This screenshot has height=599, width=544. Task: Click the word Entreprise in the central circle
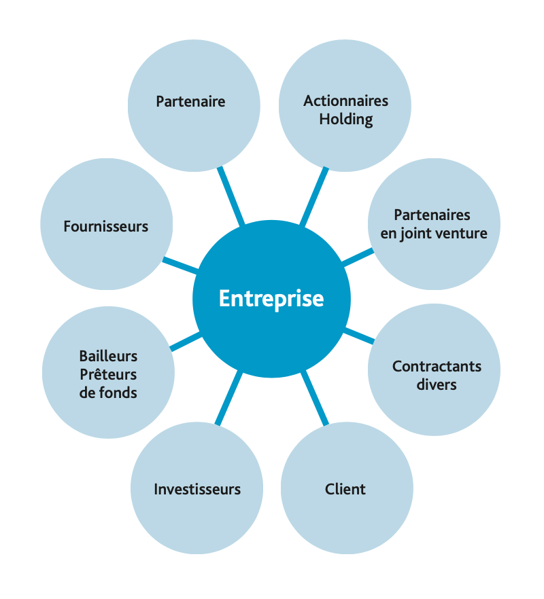271,299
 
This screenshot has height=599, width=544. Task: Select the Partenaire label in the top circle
190,102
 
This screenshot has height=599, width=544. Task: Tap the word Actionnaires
345,101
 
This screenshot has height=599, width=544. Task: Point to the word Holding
346,120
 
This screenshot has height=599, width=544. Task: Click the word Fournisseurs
105,226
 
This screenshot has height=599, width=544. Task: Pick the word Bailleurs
108,356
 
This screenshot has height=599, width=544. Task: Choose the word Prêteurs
108,374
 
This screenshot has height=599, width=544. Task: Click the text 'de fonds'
108,393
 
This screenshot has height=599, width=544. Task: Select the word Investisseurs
197,489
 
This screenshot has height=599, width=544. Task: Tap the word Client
345,489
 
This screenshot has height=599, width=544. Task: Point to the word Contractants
437,367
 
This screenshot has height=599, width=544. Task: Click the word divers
437,385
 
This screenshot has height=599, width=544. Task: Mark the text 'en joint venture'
433,234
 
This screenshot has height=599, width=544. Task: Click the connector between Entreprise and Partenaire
231,196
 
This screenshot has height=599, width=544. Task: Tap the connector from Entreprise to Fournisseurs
180,265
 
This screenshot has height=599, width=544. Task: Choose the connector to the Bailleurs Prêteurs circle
185,342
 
